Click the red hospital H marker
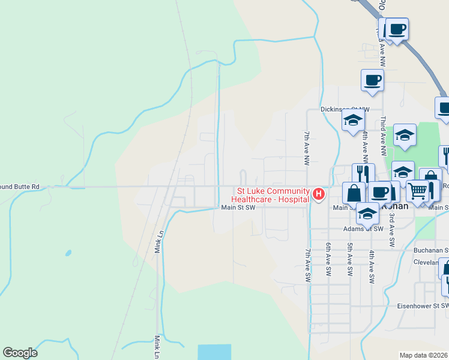pyautogui.click(x=319, y=194)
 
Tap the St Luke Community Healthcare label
pyautogui.click(x=271, y=196)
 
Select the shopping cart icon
pyautogui.click(x=418, y=191)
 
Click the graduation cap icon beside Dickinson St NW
pyautogui.click(x=353, y=120)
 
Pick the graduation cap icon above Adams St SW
pyautogui.click(x=367, y=213)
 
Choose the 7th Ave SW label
pyautogui.click(x=308, y=264)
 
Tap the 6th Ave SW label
pyautogui.click(x=328, y=259)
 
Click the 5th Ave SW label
pyautogui.click(x=350, y=259)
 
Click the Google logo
pyautogui.click(x=20, y=353)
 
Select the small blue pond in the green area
pyautogui.click(x=68, y=253)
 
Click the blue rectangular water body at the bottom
pyautogui.click(x=214, y=352)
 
